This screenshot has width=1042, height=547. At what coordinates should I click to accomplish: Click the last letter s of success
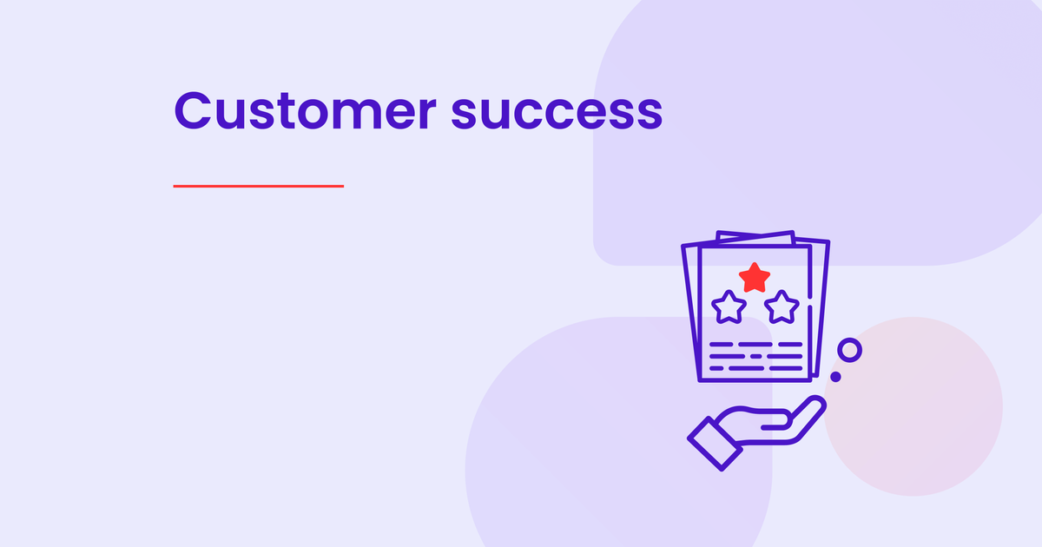[650, 115]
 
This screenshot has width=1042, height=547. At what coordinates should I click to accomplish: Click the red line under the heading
[259, 186]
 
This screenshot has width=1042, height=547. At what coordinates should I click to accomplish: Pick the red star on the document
[755, 277]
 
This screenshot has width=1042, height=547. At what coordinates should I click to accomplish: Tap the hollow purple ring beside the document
[849, 350]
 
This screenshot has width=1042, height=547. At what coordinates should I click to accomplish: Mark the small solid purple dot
[835, 376]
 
